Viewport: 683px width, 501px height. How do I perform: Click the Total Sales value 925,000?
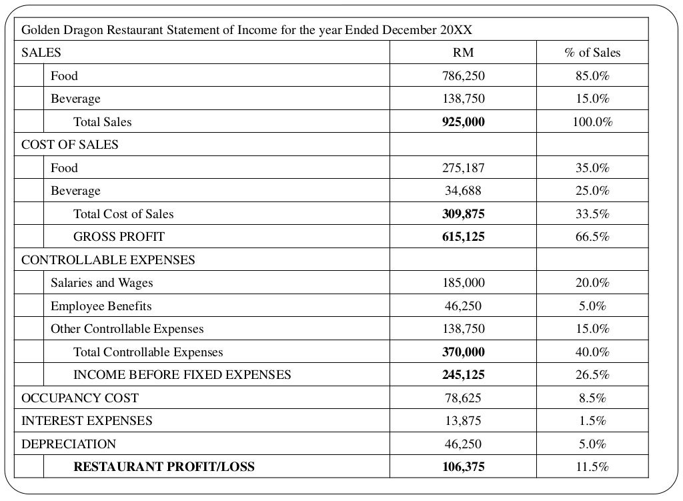463,122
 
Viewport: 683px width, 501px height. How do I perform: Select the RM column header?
463,53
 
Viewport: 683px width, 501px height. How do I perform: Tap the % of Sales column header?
592,53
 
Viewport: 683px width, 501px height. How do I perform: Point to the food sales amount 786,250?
463,76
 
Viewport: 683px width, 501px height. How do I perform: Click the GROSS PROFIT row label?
118,237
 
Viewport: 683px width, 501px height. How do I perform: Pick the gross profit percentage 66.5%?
592,237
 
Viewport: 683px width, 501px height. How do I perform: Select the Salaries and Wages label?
101,283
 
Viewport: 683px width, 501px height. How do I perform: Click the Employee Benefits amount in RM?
463,306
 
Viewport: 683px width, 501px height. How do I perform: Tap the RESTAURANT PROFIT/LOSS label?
163,467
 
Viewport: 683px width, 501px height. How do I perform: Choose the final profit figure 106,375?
463,467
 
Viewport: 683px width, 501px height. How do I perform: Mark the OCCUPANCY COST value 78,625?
463,398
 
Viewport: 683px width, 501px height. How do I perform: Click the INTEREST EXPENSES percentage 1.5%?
592,421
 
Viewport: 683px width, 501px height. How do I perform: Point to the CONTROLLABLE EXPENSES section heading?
108,260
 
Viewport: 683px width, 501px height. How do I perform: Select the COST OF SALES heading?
69,145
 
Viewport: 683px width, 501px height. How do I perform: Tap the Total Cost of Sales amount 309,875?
463,214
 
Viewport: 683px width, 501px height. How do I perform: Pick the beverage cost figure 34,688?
463,191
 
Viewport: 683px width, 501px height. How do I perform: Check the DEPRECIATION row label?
68,444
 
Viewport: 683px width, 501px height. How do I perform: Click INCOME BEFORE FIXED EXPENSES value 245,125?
463,375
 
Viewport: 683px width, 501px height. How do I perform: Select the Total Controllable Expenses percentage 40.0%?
592,352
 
